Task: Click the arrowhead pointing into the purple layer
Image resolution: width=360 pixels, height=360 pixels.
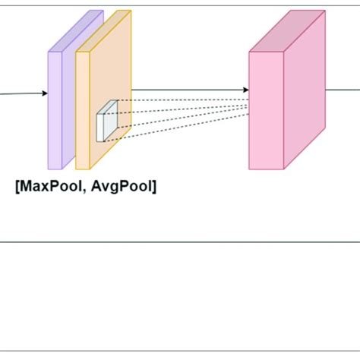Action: (44, 94)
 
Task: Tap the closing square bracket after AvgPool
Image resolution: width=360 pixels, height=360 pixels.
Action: (155, 185)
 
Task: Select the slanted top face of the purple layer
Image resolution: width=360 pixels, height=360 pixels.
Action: (77, 30)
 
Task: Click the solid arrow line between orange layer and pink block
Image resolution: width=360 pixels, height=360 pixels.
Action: (190, 90)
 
